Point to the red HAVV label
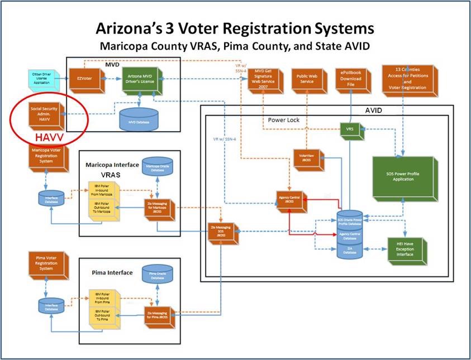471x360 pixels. [47, 136]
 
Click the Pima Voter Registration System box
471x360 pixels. [48, 265]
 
